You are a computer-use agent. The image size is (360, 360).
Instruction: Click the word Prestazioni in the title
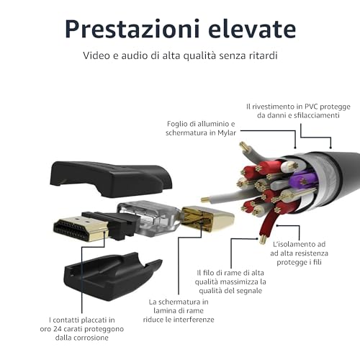click(x=132, y=29)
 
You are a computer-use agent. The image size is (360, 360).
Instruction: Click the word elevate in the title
click(x=252, y=29)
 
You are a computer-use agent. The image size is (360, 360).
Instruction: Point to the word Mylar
click(x=227, y=132)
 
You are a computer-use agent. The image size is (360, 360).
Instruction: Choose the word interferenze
click(x=194, y=320)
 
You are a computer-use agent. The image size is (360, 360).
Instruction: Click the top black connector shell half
click(x=111, y=179)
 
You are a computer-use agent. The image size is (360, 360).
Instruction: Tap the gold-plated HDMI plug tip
click(x=81, y=229)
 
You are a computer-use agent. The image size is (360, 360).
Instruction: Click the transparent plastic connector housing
click(x=149, y=218)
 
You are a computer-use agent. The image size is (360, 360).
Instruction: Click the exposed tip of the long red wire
click(x=262, y=239)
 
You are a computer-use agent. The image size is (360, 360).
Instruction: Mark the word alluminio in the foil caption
click(x=213, y=124)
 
